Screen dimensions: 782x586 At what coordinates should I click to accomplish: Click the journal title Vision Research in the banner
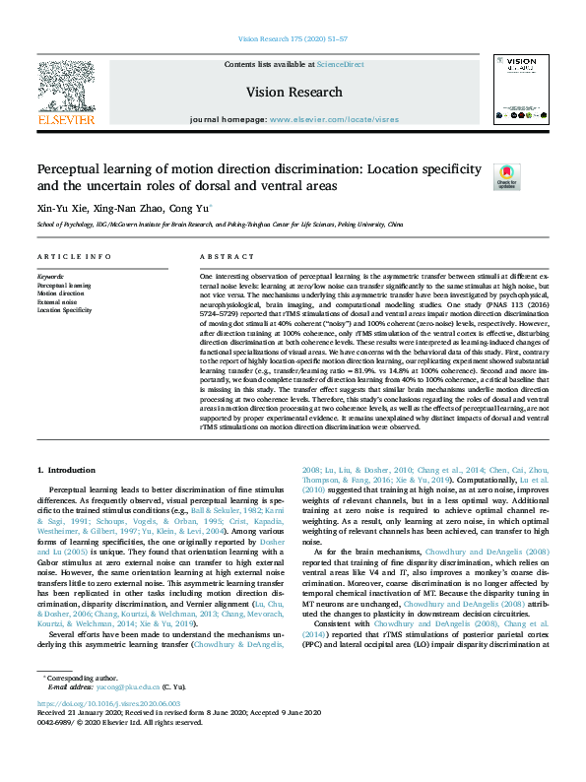293,91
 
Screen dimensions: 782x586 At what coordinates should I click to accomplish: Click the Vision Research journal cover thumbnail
521,91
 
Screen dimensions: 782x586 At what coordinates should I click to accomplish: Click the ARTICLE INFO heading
74,257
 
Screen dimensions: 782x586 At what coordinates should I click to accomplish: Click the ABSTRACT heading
220,257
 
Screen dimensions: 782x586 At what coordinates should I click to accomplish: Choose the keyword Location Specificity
65,309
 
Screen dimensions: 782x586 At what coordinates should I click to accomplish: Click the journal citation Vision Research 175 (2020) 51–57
293,38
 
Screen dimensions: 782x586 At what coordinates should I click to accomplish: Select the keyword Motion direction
61,293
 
